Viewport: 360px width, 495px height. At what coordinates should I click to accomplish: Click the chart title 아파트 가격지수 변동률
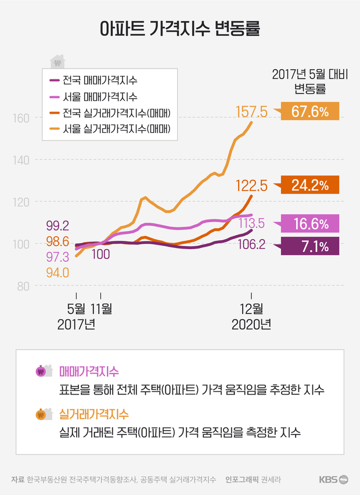click(x=179, y=28)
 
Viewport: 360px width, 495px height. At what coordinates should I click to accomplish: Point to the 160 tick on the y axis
click(x=22, y=118)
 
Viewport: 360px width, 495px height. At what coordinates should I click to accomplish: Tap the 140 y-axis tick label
click(x=22, y=160)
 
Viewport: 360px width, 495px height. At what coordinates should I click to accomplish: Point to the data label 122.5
click(x=251, y=186)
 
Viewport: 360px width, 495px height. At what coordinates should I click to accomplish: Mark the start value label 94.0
click(x=58, y=272)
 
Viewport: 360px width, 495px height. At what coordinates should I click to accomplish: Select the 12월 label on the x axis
click(x=251, y=308)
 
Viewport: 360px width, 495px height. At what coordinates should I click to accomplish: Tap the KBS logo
click(x=333, y=479)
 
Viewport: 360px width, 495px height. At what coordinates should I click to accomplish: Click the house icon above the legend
click(x=57, y=62)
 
